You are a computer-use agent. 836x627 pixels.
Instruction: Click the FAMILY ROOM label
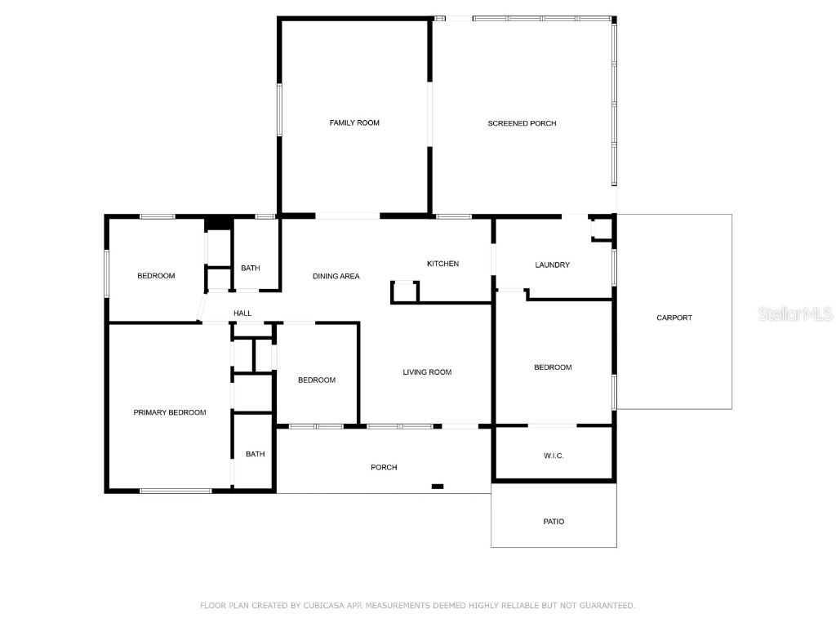[354, 123]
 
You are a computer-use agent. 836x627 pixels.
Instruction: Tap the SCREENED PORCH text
[522, 123]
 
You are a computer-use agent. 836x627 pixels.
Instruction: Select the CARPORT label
[674, 318]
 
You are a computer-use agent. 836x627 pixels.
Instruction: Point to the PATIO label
[554, 522]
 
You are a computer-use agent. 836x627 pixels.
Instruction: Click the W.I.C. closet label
[554, 456]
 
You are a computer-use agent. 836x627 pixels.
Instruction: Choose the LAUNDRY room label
[552, 265]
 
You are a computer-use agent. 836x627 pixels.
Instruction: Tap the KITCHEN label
[442, 264]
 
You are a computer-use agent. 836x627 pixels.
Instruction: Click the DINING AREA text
[336, 276]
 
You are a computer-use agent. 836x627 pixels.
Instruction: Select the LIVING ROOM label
[427, 372]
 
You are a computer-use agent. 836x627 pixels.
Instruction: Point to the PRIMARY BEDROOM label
[170, 412]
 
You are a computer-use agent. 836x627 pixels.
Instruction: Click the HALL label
[242, 313]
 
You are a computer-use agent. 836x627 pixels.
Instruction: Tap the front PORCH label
[384, 468]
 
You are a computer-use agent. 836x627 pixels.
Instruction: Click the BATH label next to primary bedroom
[256, 454]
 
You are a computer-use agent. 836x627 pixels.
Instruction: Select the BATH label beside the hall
[250, 269]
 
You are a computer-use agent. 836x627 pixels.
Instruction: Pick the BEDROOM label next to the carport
[553, 367]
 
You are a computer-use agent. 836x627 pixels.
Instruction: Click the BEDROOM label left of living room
[316, 380]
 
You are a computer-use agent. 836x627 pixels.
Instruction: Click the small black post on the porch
[438, 487]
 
